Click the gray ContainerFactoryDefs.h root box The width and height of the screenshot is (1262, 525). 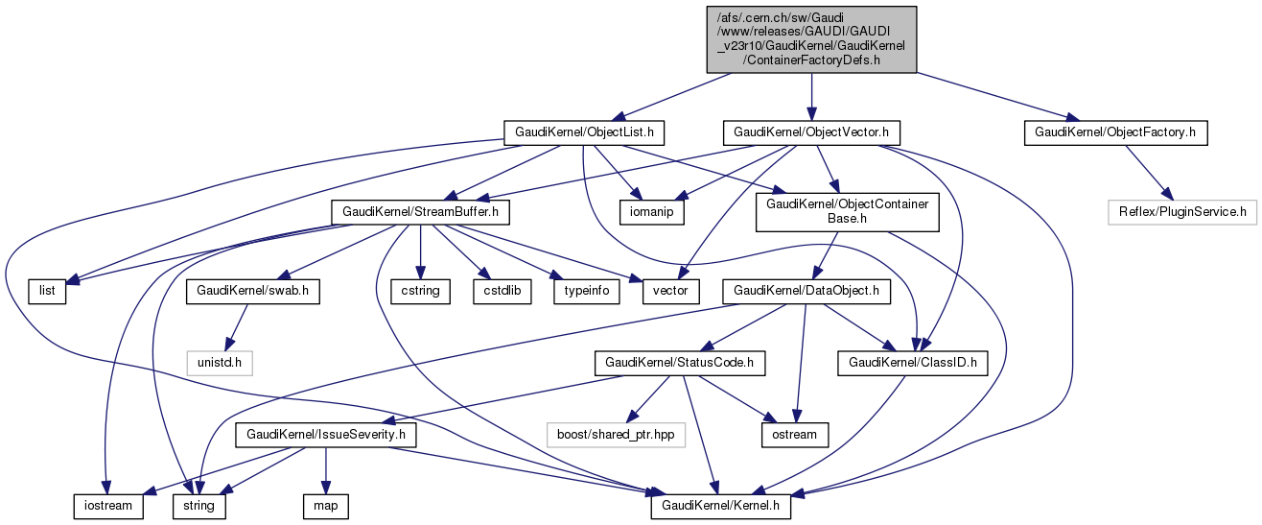pos(811,38)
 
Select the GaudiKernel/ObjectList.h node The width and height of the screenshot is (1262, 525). pos(585,132)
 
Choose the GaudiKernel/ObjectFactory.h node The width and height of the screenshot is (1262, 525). pos(1115,132)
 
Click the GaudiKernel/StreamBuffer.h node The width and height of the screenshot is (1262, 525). pos(419,211)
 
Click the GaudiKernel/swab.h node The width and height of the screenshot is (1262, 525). pos(253,290)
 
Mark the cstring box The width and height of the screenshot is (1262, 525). pos(420,290)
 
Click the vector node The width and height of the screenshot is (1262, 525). pos(670,290)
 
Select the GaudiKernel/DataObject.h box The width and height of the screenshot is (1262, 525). pos(807,290)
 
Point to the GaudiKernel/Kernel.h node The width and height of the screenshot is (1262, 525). pos(720,504)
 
